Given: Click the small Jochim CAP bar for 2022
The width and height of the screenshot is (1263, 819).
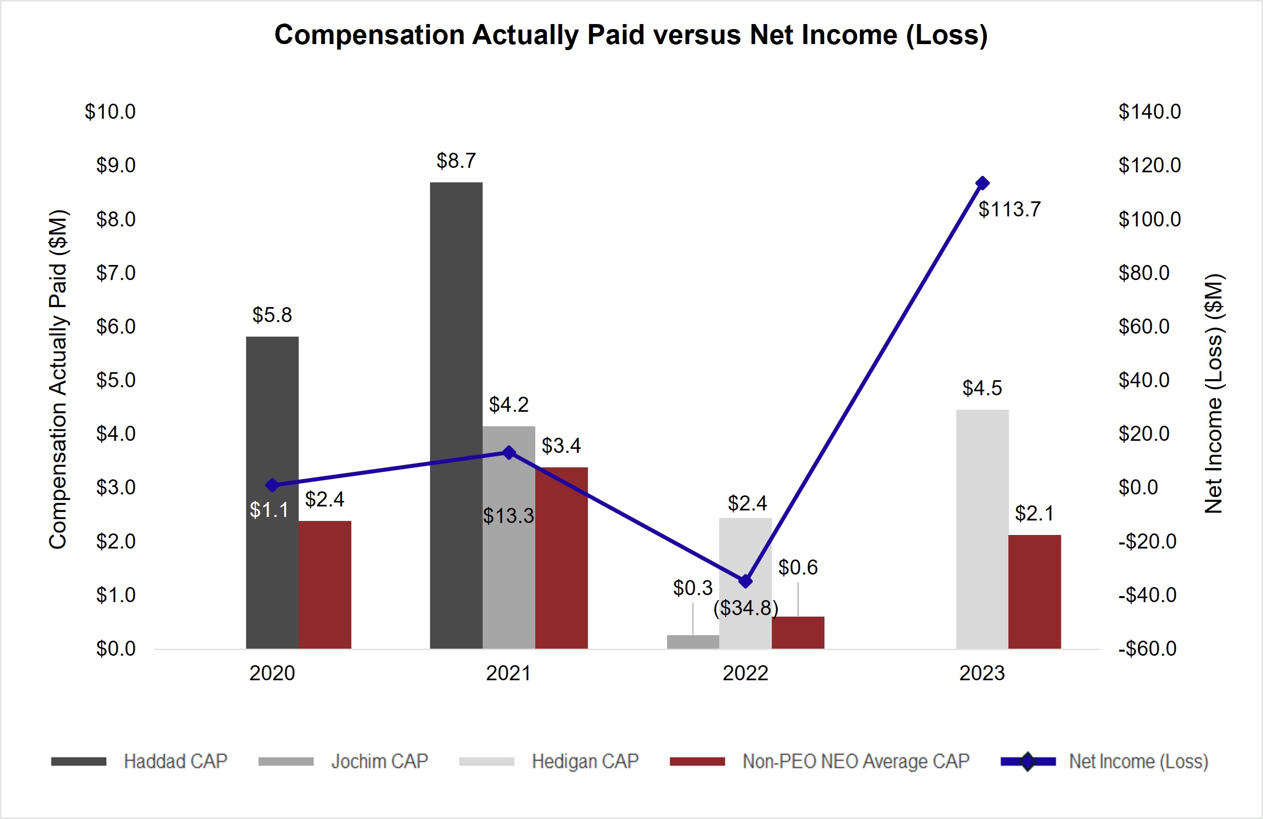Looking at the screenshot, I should pos(693,642).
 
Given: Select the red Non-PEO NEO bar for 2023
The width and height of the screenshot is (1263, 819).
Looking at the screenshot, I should pos(1034,592).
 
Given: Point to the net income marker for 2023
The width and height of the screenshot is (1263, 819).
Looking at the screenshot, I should pos(982,183).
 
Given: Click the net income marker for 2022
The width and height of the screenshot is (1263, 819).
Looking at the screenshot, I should pos(746,582).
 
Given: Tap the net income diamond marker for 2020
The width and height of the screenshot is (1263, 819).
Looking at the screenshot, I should pos(272,485).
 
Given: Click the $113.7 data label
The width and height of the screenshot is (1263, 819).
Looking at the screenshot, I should pos(1009,209).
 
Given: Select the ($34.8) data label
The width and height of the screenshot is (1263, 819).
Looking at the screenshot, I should pos(746,608).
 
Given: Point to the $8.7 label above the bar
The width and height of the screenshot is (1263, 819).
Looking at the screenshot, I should pos(456,161).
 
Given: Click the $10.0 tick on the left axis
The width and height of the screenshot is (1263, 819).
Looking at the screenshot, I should pos(110,112).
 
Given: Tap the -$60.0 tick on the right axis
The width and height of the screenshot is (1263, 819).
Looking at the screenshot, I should pos(1147,649).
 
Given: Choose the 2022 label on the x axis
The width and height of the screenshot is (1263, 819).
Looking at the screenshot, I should pos(745,673).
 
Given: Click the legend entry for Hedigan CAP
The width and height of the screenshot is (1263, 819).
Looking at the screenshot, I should pos(585,761).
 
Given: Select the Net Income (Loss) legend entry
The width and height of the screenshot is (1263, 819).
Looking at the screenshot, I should pos(1138,761).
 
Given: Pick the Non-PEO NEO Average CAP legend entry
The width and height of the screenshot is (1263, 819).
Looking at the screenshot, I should pos(855,761).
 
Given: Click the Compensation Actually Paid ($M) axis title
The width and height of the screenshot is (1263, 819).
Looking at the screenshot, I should pos(58,379).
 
